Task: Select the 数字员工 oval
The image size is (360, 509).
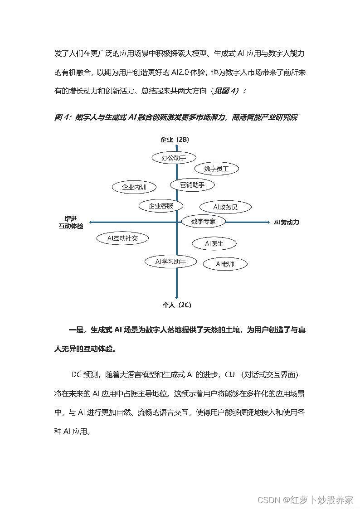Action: [216, 169]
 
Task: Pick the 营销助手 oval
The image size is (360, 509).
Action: [192, 184]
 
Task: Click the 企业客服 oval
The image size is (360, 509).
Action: [161, 206]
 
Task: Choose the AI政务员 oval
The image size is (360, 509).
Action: [225, 207]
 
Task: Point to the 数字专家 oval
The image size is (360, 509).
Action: [203, 222]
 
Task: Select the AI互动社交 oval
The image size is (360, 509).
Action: [122, 238]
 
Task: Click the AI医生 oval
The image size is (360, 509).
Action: [214, 243]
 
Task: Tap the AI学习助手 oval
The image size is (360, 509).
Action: [165, 262]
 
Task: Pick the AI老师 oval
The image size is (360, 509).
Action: [225, 264]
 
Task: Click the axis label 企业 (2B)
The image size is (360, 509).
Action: [175, 139]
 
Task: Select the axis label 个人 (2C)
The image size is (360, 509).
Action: [177, 305]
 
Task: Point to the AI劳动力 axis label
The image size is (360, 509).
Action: [287, 222]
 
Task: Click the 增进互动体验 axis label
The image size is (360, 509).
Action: [71, 222]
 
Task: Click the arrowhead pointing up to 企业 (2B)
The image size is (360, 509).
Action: [176, 146]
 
